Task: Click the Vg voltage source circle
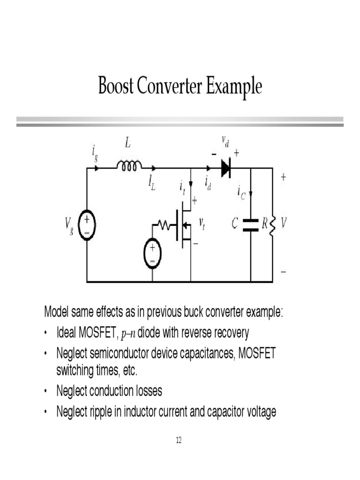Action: tap(87, 225)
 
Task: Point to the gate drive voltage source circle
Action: tap(152, 254)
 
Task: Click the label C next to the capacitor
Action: tap(235, 224)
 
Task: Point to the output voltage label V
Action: tap(283, 224)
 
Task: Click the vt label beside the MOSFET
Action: tap(202, 225)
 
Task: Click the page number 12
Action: tap(179, 440)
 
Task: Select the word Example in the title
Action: tap(234, 87)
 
